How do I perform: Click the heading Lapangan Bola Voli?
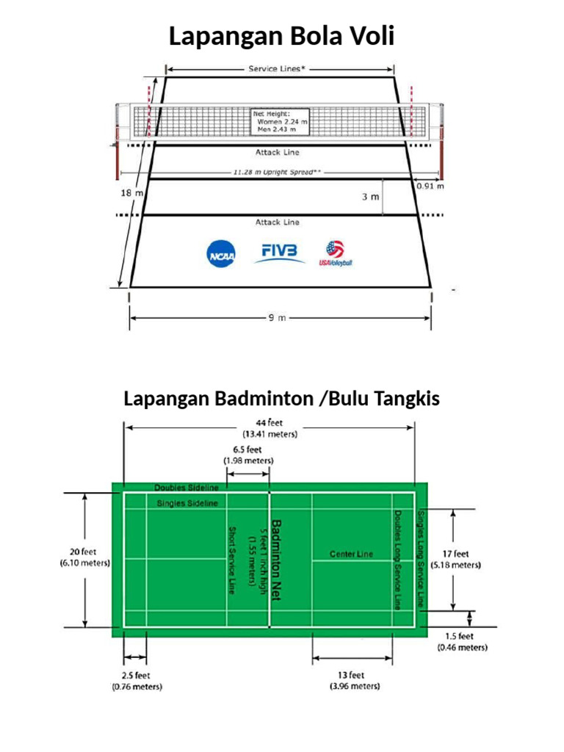(x=281, y=36)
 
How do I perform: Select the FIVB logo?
(x=279, y=252)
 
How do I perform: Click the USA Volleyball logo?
(x=336, y=253)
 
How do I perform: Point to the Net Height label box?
(x=280, y=121)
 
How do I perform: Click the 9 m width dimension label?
(x=277, y=318)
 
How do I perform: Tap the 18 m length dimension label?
(x=131, y=192)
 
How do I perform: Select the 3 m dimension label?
(x=370, y=197)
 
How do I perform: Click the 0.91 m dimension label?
(x=430, y=186)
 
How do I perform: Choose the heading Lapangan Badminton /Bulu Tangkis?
(x=281, y=399)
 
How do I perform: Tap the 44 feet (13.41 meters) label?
(x=270, y=428)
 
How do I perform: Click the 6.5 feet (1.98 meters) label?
(x=247, y=455)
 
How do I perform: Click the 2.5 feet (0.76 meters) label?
(x=137, y=681)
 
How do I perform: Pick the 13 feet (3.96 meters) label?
(x=354, y=680)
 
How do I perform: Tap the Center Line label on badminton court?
(x=351, y=554)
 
